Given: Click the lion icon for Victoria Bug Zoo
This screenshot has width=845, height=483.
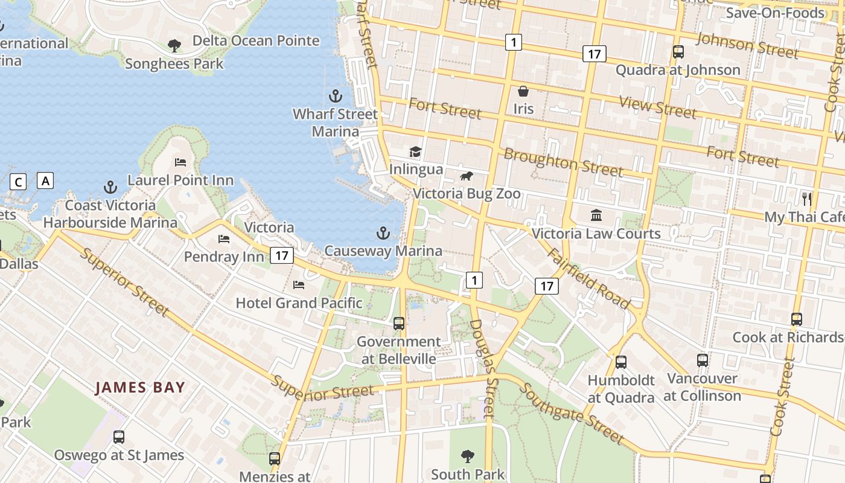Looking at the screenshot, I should coord(466,176).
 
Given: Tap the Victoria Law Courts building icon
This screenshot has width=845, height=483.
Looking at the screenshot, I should coord(596,216).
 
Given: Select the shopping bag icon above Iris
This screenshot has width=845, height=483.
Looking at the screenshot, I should coord(523,91).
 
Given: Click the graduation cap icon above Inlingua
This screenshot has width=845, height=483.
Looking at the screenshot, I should coord(415,152).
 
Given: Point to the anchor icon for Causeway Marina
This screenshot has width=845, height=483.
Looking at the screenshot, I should coord(383,233).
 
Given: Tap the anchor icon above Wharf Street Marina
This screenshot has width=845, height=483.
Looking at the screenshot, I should coord(335,96).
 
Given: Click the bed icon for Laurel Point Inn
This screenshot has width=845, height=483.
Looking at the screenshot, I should coord(180,162).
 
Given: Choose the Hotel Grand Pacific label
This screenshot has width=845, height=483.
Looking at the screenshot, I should coord(299,302).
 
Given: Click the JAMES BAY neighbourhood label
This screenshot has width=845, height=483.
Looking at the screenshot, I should coord(140,388).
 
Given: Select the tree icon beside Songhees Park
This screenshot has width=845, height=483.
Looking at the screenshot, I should coord(174,45).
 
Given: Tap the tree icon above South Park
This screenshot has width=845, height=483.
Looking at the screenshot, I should coord(467,456).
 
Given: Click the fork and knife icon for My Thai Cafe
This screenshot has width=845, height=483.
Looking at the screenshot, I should coord(806,199).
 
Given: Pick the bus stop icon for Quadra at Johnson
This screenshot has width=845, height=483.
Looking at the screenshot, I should coord(678,52).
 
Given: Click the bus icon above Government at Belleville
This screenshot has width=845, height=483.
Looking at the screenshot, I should coord(399,324).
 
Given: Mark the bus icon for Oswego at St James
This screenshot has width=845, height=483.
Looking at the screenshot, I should coord(119,437).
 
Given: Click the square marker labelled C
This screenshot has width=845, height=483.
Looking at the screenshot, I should coord(19,181).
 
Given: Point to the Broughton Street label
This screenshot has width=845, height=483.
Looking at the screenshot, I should coord(563,162).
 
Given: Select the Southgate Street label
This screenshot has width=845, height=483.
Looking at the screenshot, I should coord(571,412).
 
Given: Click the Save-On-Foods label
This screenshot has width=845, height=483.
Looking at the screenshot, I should coord(774,13).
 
